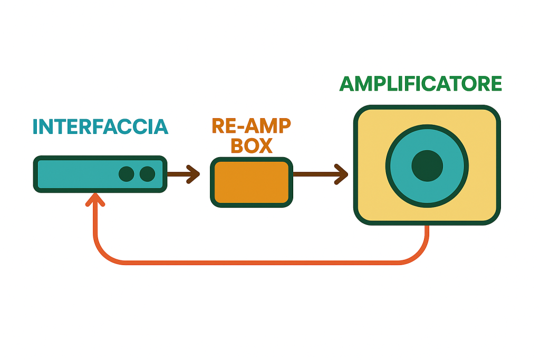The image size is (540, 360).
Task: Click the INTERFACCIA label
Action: (100, 127)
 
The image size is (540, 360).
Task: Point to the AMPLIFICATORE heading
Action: (420, 84)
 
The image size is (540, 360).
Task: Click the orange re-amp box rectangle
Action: (251, 182)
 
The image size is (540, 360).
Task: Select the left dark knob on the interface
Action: (126, 174)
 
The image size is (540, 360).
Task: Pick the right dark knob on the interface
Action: (147, 174)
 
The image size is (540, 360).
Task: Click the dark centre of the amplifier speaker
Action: (427, 166)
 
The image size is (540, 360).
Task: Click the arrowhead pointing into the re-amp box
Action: (194, 174)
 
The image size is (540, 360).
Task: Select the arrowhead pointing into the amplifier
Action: (342, 174)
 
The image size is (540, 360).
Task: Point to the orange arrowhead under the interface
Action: (95, 199)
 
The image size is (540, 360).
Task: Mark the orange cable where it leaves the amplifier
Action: (427, 232)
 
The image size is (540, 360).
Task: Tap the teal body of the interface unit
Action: (74, 174)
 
